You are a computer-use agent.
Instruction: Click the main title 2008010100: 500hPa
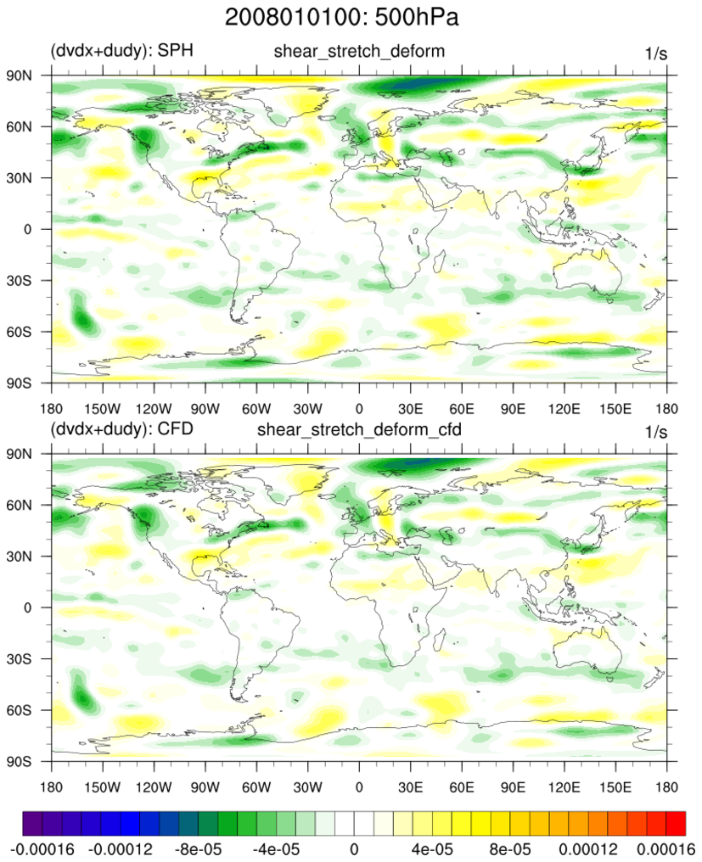click(351, 17)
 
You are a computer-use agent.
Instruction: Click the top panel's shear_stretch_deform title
click(359, 52)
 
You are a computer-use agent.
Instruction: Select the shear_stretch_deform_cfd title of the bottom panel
click(359, 429)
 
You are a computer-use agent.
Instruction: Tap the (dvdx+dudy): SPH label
click(122, 51)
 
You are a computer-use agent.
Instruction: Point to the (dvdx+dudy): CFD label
click(122, 429)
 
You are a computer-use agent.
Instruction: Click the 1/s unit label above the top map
click(656, 53)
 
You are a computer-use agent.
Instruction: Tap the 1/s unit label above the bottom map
click(656, 432)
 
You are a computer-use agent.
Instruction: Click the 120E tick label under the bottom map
click(564, 776)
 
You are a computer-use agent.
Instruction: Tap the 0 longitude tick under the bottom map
click(359, 776)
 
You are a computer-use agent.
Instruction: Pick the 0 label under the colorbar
click(354, 848)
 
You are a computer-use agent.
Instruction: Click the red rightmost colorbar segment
click(675, 822)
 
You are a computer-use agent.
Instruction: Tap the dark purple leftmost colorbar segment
click(32, 822)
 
